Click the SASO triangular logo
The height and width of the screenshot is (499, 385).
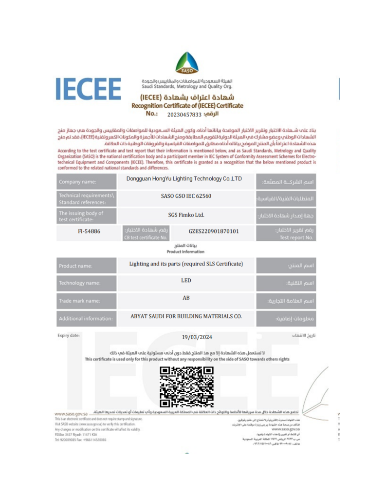click(186, 62)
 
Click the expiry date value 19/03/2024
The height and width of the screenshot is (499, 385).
click(193, 337)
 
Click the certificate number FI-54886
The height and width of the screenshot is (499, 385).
click(89, 231)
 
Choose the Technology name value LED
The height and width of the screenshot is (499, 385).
click(186, 281)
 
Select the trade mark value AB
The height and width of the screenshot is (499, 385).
click(186, 298)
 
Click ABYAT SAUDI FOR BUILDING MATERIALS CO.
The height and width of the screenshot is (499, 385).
click(186, 316)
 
